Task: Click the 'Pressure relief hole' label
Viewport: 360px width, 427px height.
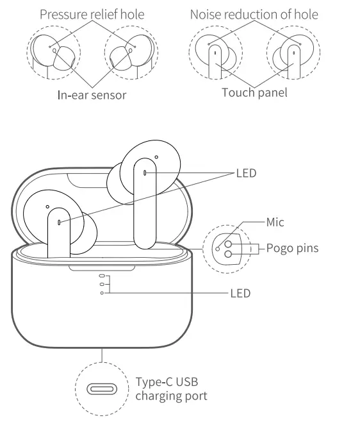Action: tap(92, 14)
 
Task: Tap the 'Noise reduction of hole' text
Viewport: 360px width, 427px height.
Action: tap(254, 14)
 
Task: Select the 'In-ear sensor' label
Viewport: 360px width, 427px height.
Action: tap(92, 96)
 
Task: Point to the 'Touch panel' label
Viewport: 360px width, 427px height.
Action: tap(254, 93)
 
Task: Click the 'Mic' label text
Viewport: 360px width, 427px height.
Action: tap(275, 222)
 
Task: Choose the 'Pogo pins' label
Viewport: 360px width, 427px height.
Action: tap(292, 248)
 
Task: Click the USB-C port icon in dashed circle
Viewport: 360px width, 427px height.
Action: tap(102, 389)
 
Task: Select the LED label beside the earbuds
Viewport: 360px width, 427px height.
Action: tap(246, 173)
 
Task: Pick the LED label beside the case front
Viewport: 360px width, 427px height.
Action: tap(240, 294)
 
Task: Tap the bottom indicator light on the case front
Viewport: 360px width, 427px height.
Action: tap(102, 293)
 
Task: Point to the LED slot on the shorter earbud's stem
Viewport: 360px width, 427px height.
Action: tap(60, 222)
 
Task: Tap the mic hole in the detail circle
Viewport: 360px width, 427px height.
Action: tap(218, 247)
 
